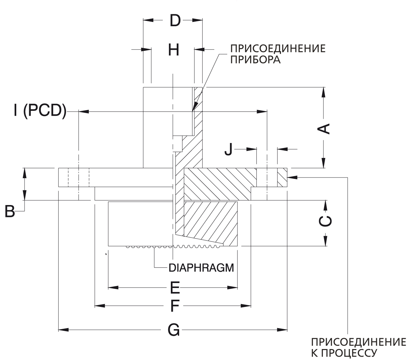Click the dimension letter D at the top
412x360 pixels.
coord(175,21)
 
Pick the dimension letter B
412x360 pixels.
coord(10,211)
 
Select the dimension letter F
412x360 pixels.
coord(174,306)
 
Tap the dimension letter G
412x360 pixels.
coord(173,330)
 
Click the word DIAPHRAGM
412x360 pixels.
coord(201,267)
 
